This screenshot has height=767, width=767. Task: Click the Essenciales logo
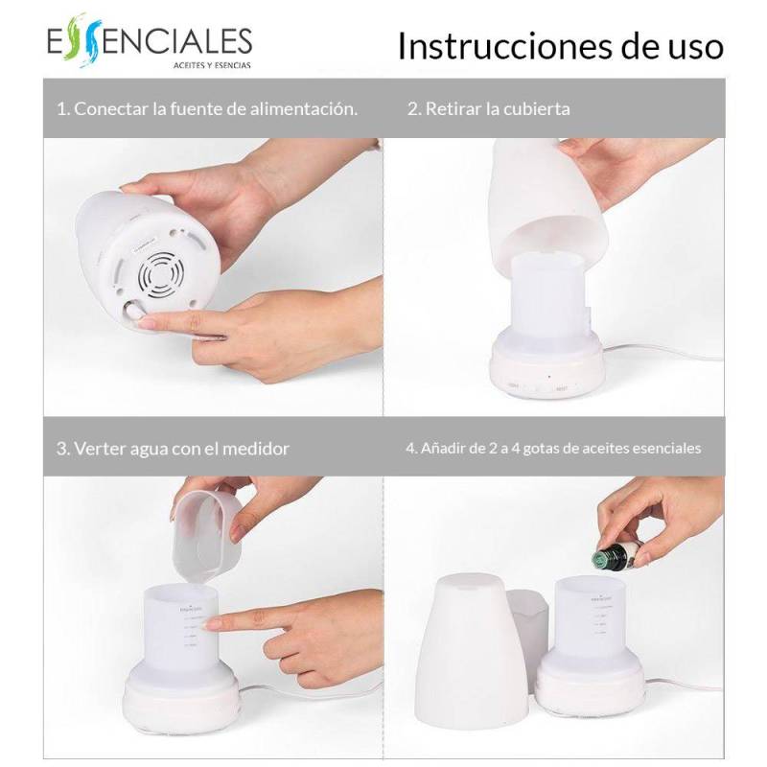coord(149,43)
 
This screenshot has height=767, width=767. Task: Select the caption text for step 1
coord(207,108)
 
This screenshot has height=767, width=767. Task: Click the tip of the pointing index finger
coord(213,623)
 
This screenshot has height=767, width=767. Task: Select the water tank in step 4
coord(590,623)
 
